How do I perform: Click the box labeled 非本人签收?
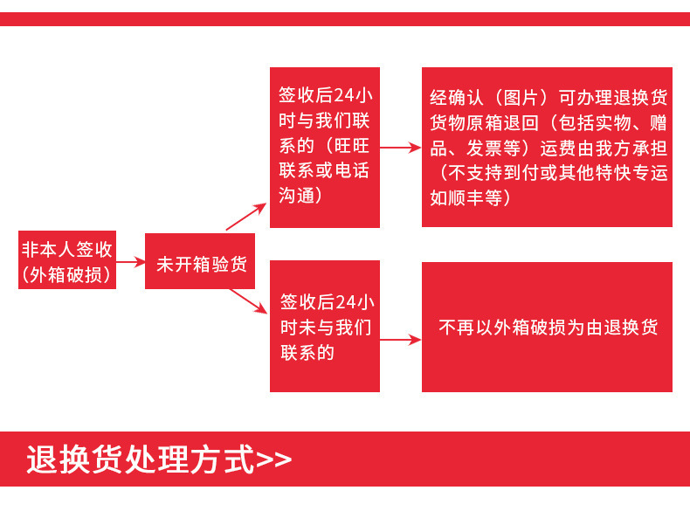67,260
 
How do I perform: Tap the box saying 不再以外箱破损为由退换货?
547,328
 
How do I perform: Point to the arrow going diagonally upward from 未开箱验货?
246,217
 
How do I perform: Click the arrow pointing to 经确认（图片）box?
400,148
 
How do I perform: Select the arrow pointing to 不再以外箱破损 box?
400,340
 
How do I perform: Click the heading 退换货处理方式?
140,459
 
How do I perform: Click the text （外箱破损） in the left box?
67,274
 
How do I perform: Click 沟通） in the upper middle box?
301,195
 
